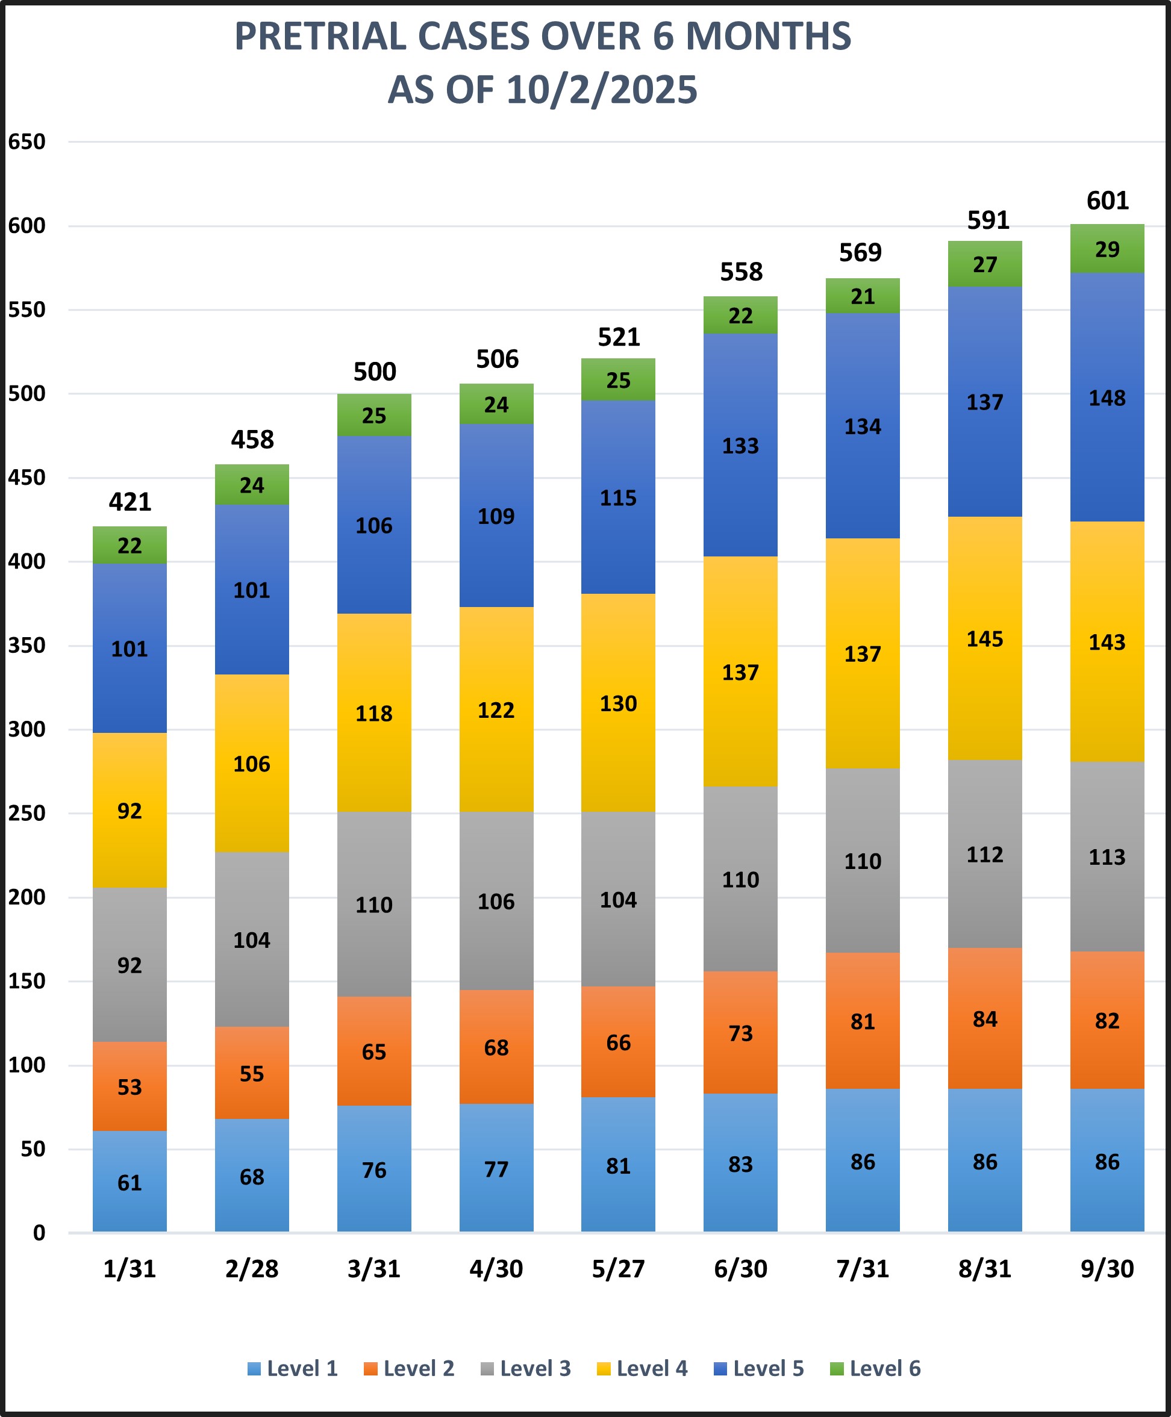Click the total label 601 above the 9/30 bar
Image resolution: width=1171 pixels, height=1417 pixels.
(x=1107, y=201)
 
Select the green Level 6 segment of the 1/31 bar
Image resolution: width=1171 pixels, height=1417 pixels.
(x=130, y=545)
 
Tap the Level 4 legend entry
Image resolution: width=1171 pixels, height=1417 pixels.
(x=642, y=1368)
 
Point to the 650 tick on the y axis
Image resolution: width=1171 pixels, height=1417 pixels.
(x=27, y=142)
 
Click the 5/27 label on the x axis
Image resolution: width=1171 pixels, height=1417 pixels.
(x=618, y=1269)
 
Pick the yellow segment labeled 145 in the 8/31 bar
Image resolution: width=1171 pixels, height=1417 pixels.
(x=984, y=639)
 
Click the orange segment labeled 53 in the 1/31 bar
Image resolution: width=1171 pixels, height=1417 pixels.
(x=130, y=1086)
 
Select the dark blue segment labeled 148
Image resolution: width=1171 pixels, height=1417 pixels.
(x=1107, y=398)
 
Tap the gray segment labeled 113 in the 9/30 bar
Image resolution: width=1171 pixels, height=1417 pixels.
(x=1107, y=856)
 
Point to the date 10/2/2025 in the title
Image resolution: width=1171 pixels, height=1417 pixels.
(x=602, y=90)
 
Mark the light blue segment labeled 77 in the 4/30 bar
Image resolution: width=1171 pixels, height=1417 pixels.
(x=496, y=1169)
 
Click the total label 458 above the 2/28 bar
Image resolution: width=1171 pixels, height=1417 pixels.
(x=252, y=440)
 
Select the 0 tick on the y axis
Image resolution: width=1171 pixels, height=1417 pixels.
(x=39, y=1233)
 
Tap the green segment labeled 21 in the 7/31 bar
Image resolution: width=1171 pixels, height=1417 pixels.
(x=862, y=296)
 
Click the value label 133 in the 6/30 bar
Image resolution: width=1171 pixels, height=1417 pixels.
(x=740, y=446)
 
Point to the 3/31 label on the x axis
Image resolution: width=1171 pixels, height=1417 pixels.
(x=373, y=1269)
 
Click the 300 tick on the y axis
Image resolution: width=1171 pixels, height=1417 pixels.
(x=27, y=729)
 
